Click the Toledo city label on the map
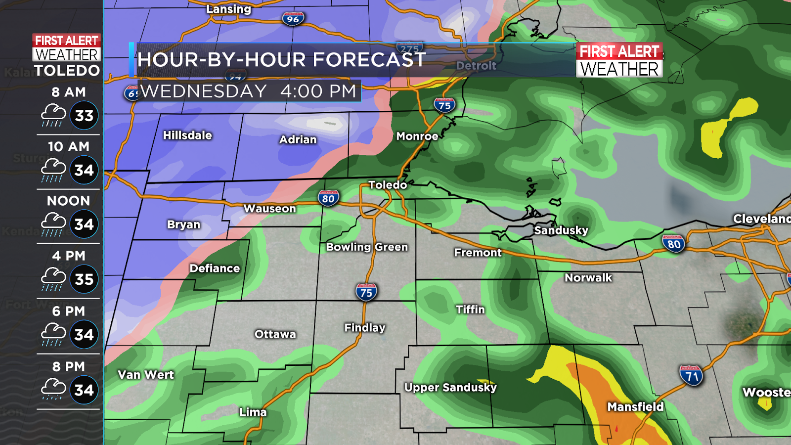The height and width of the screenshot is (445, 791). click(x=388, y=185)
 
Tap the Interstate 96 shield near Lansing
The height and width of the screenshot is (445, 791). click(x=293, y=19)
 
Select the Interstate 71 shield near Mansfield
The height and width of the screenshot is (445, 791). click(x=691, y=376)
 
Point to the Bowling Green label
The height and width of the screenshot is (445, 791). click(x=367, y=247)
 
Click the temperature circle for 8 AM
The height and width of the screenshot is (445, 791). click(x=84, y=116)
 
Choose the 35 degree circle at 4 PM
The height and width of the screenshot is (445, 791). click(x=84, y=279)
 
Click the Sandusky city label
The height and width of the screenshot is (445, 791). click(x=561, y=230)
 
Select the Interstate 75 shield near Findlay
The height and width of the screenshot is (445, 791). click(x=366, y=293)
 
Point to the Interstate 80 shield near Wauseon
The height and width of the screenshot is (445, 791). click(x=328, y=199)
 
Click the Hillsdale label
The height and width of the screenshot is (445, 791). click(x=187, y=135)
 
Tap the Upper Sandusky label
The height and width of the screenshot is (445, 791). click(x=450, y=387)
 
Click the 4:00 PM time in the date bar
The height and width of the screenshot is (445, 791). click(x=318, y=91)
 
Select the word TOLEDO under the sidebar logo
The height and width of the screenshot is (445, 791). click(x=67, y=71)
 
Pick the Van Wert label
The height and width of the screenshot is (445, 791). click(x=146, y=375)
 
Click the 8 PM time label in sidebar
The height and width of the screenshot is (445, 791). click(x=69, y=366)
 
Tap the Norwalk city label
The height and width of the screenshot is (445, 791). click(x=588, y=278)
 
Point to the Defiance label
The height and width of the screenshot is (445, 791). click(x=215, y=268)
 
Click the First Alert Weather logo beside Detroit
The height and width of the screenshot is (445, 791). click(x=619, y=60)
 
